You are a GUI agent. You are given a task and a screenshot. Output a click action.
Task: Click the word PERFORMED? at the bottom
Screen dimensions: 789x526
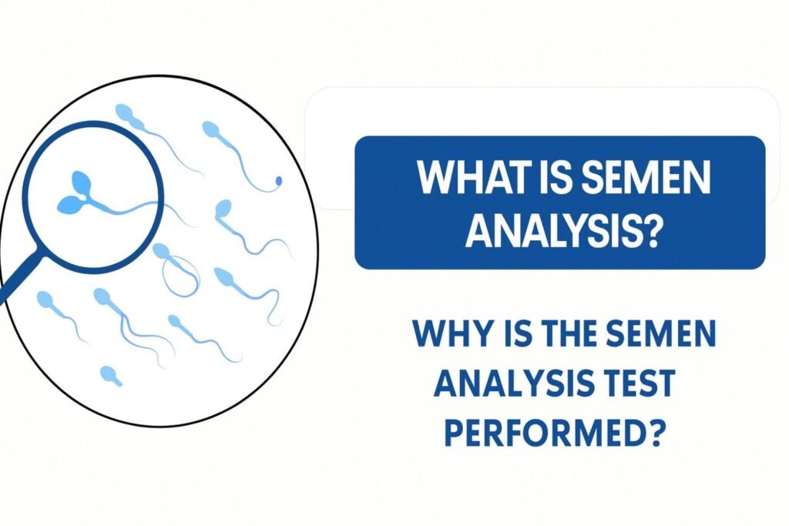[x=552, y=433]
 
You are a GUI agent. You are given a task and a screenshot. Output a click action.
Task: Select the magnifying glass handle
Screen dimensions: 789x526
[x=19, y=278]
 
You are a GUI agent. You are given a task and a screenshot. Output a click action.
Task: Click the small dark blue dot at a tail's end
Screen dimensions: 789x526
[x=278, y=180]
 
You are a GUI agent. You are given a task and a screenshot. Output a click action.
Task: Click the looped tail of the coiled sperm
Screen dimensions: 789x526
[x=180, y=276]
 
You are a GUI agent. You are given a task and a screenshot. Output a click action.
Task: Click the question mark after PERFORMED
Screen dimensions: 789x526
[x=653, y=433]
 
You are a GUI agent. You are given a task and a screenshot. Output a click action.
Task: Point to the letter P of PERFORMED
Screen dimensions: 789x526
[x=455, y=433]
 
